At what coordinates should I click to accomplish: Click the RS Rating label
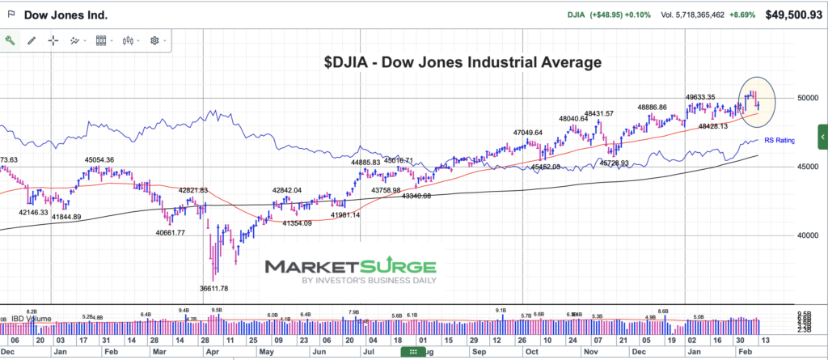click(x=779, y=141)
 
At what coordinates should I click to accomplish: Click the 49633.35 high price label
click(x=700, y=97)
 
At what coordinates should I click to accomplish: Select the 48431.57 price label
click(x=598, y=113)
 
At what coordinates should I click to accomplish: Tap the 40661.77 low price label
click(x=170, y=233)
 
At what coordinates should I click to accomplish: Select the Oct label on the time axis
click(x=531, y=354)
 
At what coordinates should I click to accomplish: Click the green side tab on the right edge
click(x=822, y=133)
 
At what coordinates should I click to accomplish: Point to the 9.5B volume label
click(x=216, y=310)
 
